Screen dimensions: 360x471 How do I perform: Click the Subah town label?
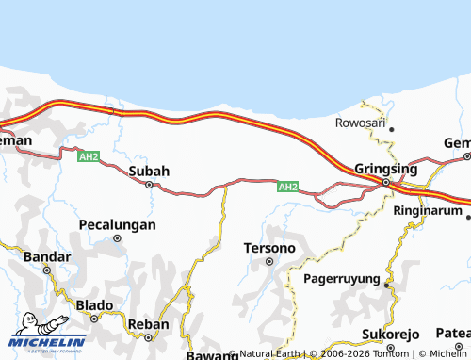pos(149,171)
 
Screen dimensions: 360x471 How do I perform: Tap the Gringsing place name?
pos(386,168)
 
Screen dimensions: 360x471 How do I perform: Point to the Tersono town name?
pos(269,248)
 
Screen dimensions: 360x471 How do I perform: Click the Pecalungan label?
pos(117,225)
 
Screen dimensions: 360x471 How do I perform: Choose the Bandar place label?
pos(46,255)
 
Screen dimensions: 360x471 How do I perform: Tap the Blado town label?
pos(94,305)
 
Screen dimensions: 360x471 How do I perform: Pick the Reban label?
pos(148,324)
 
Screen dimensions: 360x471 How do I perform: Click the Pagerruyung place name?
pos(341,279)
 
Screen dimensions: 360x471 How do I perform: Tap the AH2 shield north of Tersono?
pos(288,188)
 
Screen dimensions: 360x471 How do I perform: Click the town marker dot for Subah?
pos(149,185)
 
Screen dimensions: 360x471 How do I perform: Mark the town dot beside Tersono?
pos(269,261)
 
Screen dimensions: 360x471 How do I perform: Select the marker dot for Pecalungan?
pos(118,238)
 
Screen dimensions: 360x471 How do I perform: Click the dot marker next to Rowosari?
pos(391,129)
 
